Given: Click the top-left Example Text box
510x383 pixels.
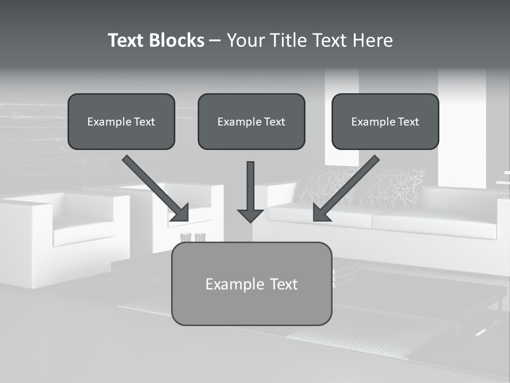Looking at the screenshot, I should [x=121, y=122].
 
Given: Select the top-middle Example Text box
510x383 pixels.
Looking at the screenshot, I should [x=251, y=122].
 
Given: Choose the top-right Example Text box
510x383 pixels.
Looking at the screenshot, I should [x=385, y=122].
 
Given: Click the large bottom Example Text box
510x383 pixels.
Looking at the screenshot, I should [x=251, y=284].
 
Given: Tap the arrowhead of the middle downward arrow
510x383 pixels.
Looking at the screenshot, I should [x=250, y=215].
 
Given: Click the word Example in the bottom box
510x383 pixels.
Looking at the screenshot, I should [x=229, y=284].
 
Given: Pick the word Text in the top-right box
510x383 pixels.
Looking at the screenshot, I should [x=409, y=122].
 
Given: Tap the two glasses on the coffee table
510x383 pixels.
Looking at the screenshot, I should [x=192, y=237].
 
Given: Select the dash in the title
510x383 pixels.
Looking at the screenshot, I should [x=215, y=40].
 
